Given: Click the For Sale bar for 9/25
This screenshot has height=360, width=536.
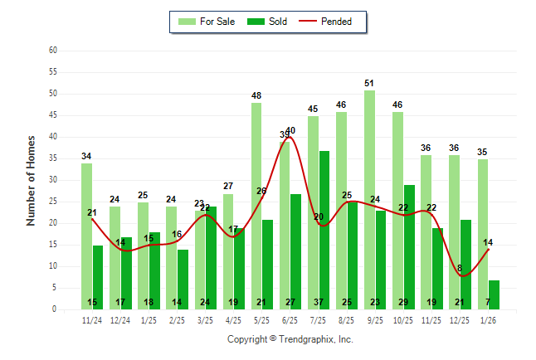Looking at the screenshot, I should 369,199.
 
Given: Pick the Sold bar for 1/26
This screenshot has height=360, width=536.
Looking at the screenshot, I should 494,294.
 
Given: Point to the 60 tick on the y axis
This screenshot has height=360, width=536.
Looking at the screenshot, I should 52,51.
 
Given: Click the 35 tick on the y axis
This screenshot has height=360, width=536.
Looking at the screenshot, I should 52,158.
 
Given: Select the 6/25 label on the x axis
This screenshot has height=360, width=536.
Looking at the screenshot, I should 290,320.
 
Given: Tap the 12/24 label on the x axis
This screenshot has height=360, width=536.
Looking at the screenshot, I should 120,320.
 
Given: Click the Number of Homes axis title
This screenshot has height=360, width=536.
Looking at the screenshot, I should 32,180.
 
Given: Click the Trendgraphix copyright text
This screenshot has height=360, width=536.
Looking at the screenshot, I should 290,339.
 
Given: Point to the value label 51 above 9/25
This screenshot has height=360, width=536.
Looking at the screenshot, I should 369,83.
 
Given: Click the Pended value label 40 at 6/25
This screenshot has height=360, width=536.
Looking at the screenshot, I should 290,130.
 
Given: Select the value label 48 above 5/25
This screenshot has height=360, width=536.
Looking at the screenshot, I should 256,95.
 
